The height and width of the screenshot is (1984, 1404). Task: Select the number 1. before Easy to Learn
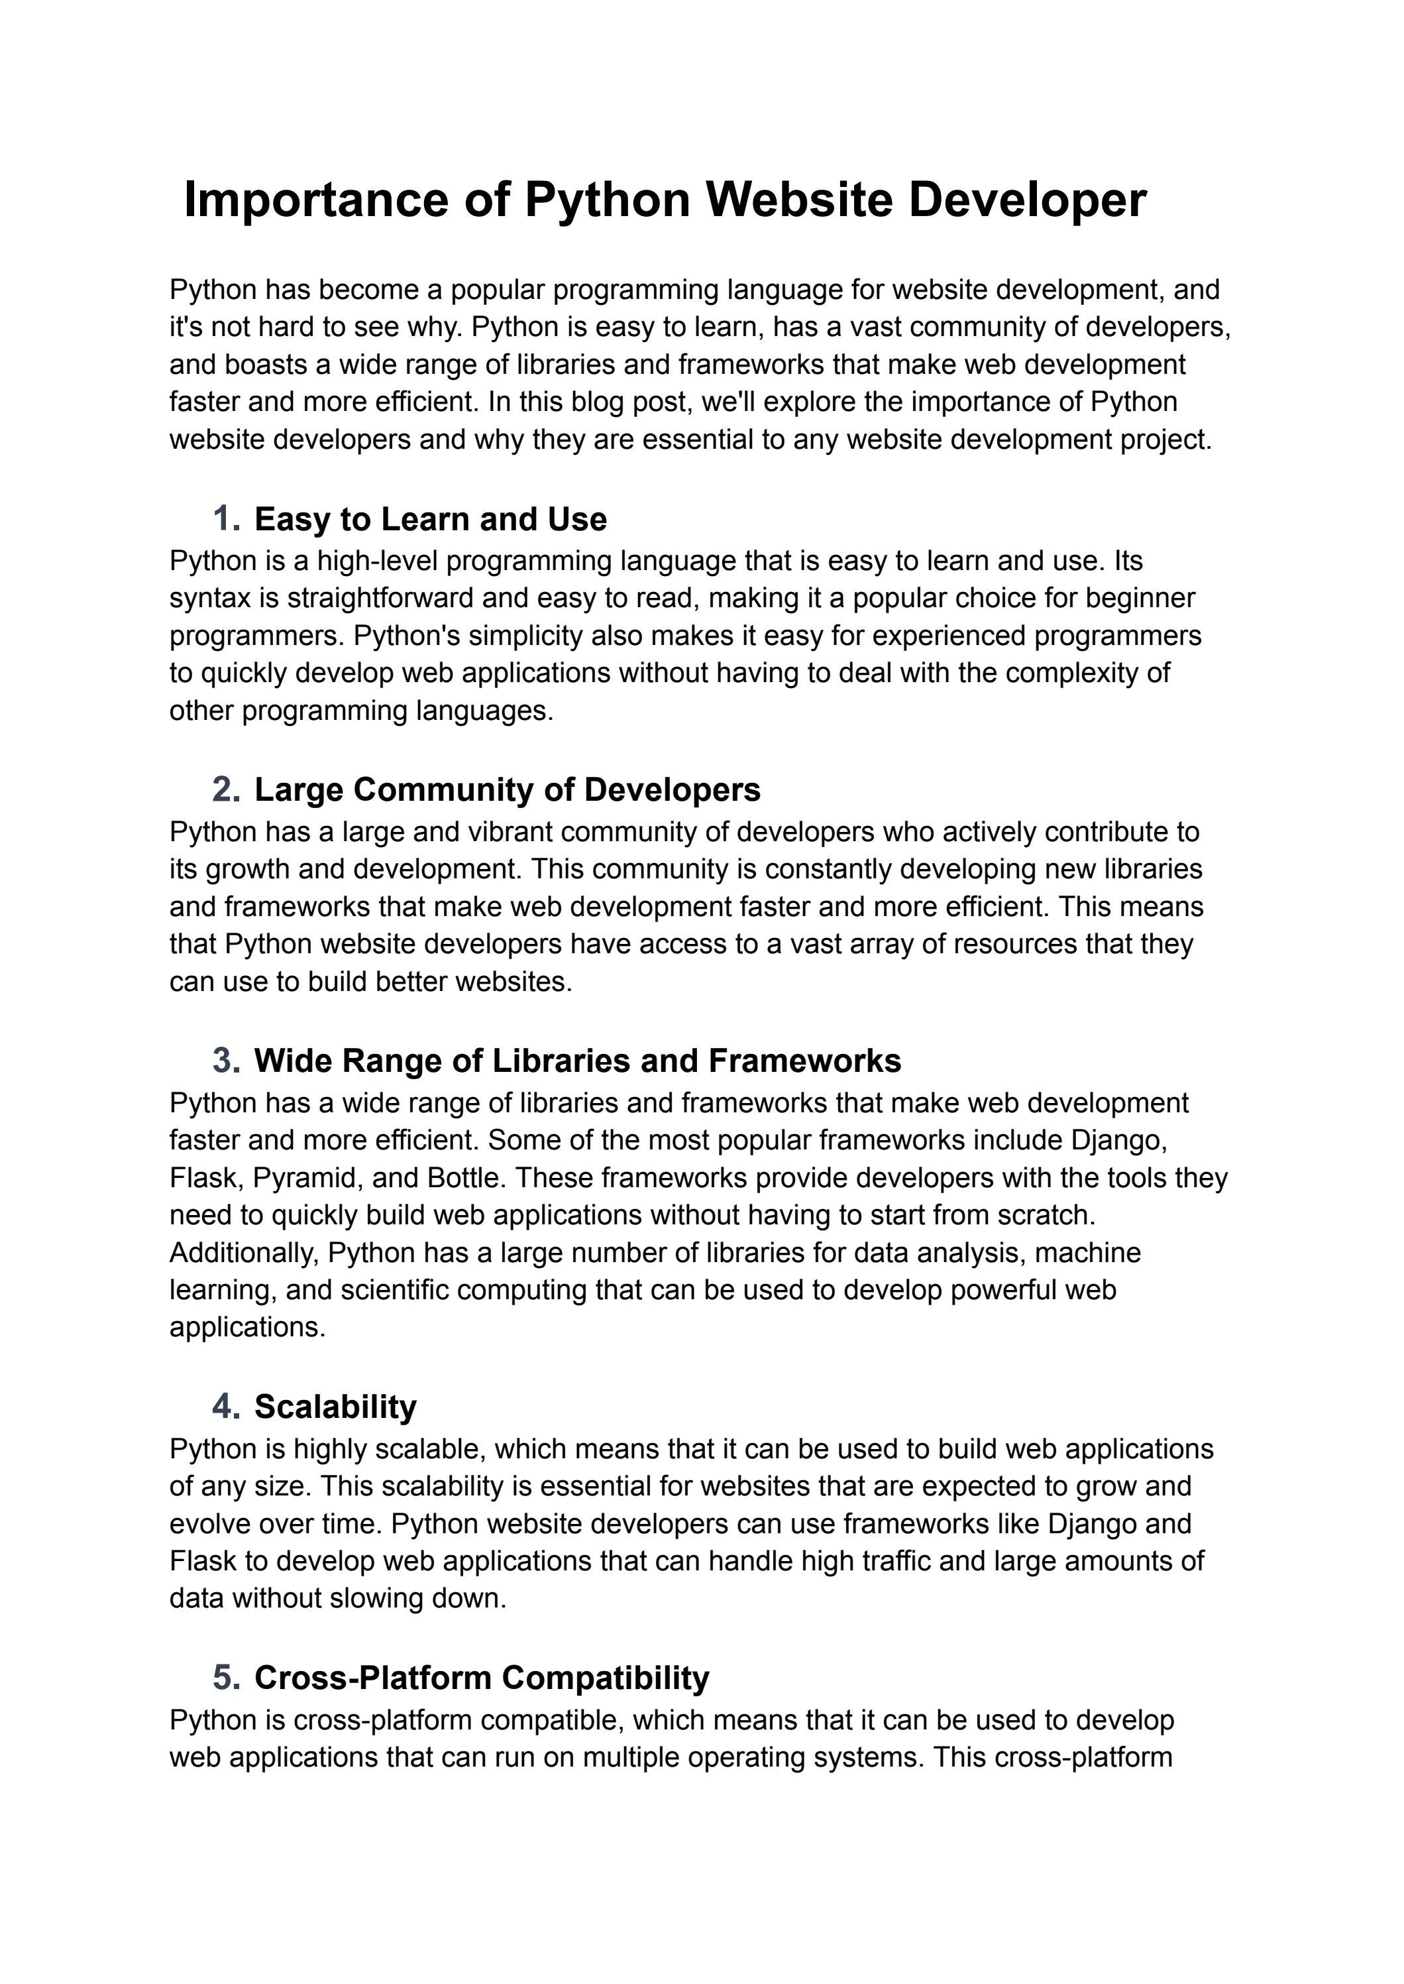point(226,520)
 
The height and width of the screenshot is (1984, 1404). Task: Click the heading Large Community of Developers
point(507,789)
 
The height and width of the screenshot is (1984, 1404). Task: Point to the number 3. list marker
point(226,1061)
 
